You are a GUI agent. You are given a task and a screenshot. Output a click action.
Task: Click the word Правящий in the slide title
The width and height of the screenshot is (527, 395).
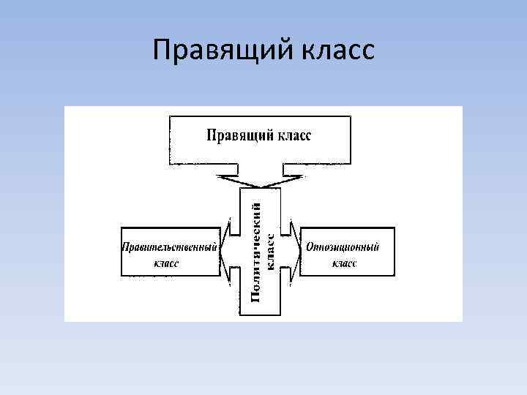(x=212, y=50)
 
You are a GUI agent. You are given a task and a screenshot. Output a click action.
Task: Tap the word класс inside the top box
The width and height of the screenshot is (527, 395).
(x=294, y=135)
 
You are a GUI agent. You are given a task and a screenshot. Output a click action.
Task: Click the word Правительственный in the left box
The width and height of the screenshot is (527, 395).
(x=170, y=247)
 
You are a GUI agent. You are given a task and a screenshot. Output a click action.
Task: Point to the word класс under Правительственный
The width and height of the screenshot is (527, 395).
(x=166, y=263)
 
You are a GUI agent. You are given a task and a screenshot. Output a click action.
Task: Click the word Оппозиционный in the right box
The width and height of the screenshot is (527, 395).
(x=343, y=247)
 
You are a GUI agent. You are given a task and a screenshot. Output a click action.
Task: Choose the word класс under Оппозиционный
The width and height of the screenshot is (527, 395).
(x=344, y=263)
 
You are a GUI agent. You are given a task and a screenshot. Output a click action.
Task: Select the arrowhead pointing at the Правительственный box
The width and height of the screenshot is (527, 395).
(x=225, y=247)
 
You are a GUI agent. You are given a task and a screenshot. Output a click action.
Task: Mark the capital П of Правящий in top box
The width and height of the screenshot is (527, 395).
(x=211, y=135)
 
